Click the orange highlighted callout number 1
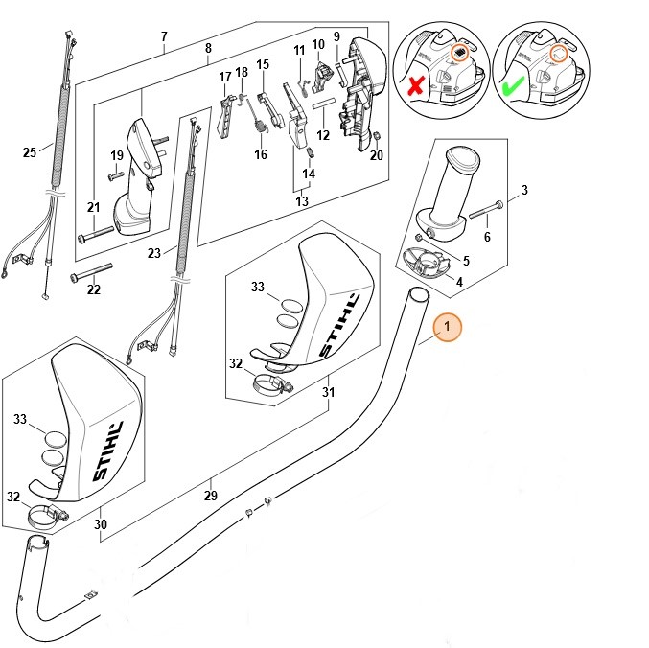pos(447,328)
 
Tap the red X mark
pos(414,87)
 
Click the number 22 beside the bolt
pos(94,290)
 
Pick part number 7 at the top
pos(164,37)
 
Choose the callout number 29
pos(211,496)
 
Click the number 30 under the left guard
pos(101,524)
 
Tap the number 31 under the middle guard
pos(329,392)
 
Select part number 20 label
pos(377,155)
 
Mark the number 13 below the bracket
pos(302,201)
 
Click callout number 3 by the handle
pos(524,191)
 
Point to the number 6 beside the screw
pos(487,238)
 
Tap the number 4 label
pos(459,282)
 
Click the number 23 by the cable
pos(155,254)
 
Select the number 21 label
pos(93,207)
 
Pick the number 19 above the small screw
pos(117,155)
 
